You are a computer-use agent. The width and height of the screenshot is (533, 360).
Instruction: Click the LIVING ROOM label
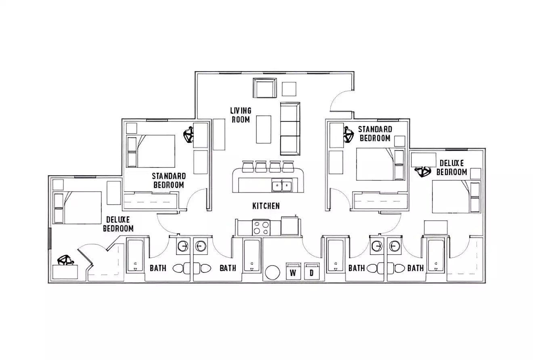(241, 115)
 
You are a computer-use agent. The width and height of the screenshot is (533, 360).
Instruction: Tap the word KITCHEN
(266, 206)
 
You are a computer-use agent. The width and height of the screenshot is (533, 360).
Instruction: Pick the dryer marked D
(311, 272)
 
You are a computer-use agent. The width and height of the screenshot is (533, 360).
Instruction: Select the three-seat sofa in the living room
(290, 128)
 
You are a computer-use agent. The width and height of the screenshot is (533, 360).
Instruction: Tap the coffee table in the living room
(263, 129)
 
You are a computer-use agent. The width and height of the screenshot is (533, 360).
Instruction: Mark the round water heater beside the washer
(273, 272)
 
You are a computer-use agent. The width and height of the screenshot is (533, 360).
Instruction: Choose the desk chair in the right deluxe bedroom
(423, 172)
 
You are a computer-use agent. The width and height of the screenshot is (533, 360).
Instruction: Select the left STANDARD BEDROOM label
(169, 180)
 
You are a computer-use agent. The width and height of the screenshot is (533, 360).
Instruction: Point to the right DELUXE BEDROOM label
(451, 167)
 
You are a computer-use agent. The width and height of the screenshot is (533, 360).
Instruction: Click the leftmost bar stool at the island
(247, 166)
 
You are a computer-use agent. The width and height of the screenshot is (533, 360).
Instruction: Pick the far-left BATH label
(158, 268)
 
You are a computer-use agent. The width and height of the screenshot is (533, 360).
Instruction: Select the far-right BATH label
(415, 268)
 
